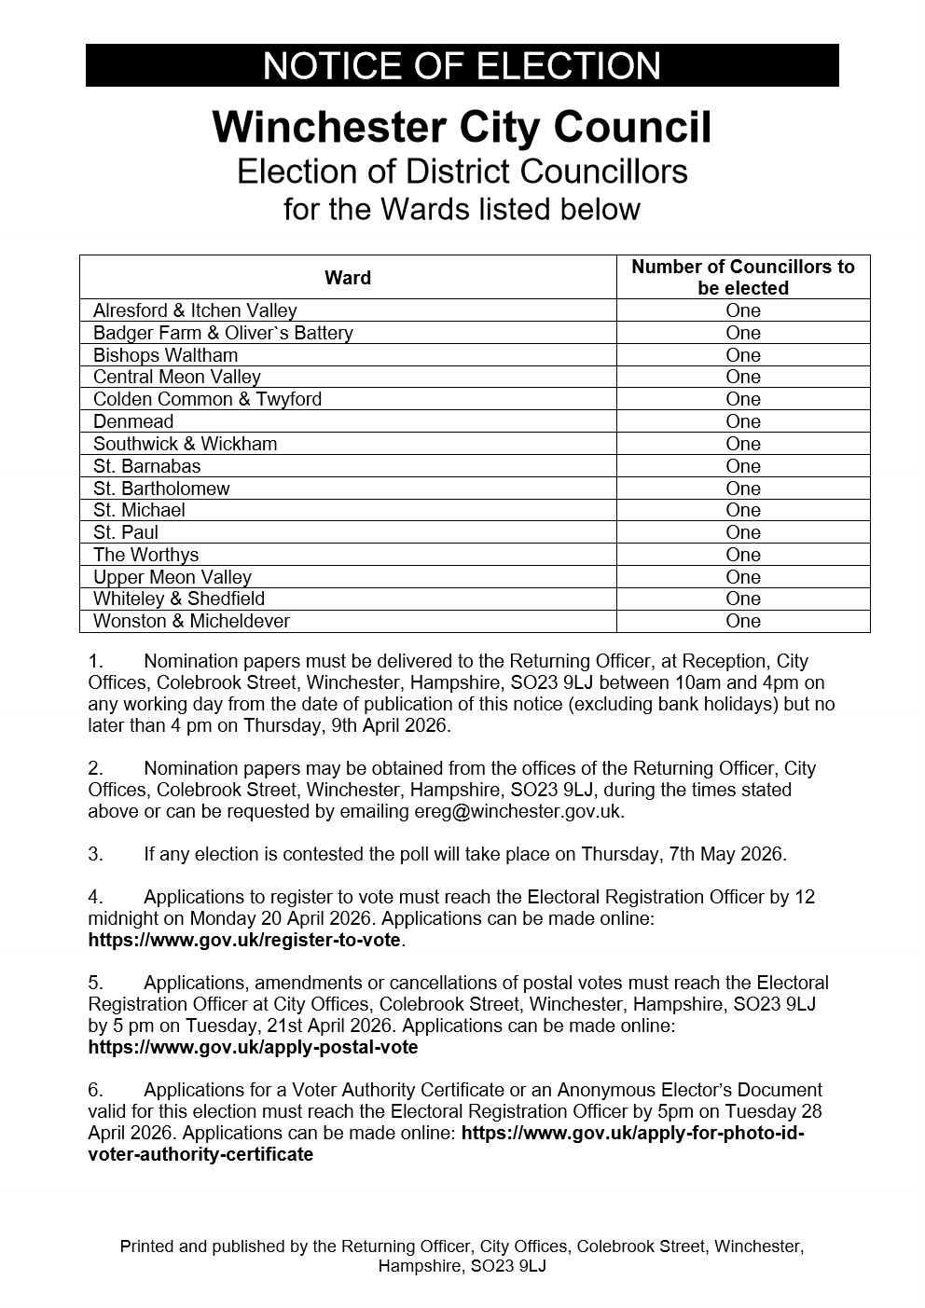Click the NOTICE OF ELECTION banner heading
pos(462,66)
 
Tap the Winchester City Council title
pos(462,128)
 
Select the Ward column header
pos(348,278)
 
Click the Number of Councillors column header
pos(742,277)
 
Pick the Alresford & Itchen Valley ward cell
pos(195,310)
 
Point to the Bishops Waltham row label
pos(165,355)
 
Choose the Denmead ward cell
pos(133,421)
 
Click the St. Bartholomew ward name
pos(161,489)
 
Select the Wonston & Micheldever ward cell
pos(191,621)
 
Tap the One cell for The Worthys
pos(743,555)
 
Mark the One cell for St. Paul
pos(743,532)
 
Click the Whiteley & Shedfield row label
pos(179,599)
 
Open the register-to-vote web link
pos(244,940)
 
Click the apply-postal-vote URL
pos(253,1047)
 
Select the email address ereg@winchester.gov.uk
pos(518,811)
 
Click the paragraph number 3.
pos(95,854)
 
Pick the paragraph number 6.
pos(95,1090)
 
